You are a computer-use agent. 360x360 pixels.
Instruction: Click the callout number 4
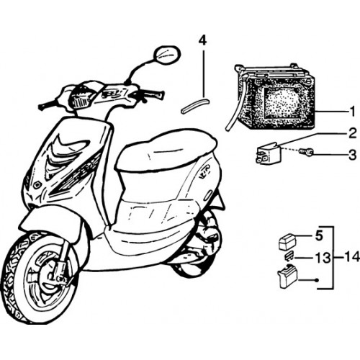tap(202, 41)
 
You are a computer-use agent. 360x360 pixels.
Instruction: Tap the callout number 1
tap(352, 112)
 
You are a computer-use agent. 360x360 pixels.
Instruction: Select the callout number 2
tap(352, 133)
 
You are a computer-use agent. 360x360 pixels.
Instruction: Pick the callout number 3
tap(352, 155)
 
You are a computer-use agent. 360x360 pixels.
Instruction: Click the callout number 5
tap(319, 236)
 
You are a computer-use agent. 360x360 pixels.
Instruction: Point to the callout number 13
tap(323, 258)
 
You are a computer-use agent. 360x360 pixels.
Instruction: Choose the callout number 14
tap(352, 257)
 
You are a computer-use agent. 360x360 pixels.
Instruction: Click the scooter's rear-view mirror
tap(167, 55)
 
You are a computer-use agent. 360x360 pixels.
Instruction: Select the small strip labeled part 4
tap(195, 105)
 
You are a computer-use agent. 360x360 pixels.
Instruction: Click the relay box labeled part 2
tap(266, 153)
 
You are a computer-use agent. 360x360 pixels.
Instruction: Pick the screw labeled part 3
tap(306, 152)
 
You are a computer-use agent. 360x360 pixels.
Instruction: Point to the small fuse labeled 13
tap(289, 258)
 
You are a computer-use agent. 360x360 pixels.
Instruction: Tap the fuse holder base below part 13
tap(287, 279)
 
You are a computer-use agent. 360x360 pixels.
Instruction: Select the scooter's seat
tap(166, 150)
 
